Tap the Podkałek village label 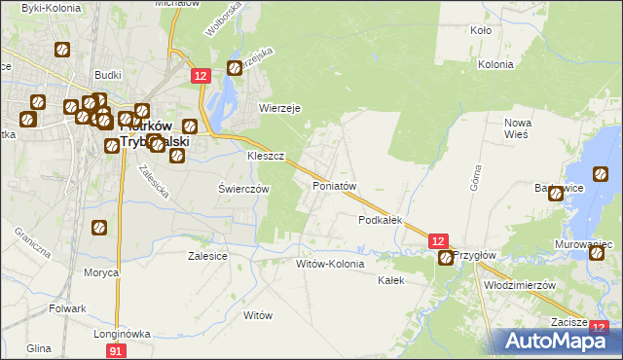pos(380,221)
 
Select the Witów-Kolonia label pos(330,264)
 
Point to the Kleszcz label pos(265,156)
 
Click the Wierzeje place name pos(276,108)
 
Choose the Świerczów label pos(242,189)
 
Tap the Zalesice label pos(207,256)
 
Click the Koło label pos(480,31)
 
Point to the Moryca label pos(101,273)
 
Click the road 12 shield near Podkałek pos(438,240)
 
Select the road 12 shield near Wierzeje pos(201,76)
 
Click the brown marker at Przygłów pos(446,258)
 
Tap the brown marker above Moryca pos(99,229)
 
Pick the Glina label pos(39,348)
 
